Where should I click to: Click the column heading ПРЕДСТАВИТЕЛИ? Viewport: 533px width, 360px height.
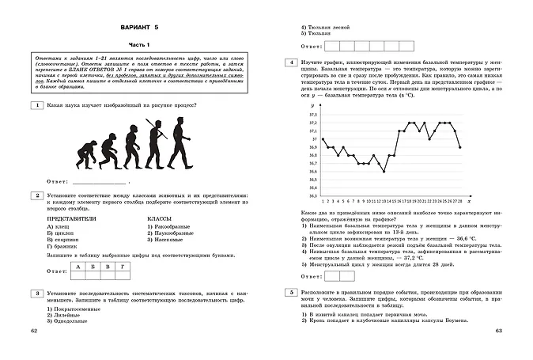(x=75, y=218)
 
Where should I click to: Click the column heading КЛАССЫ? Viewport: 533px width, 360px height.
(x=161, y=218)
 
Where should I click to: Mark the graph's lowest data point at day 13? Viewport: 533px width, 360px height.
(x=384, y=171)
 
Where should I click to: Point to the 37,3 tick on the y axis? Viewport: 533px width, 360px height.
(x=302, y=115)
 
